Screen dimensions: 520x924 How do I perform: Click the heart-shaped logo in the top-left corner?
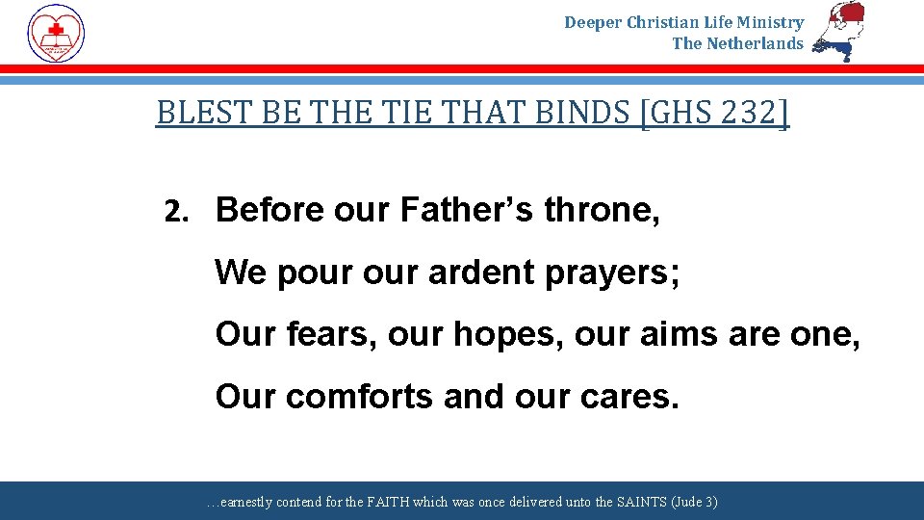(56, 33)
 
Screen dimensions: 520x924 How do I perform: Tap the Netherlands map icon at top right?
(839, 31)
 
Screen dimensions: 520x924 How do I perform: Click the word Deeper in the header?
(593, 22)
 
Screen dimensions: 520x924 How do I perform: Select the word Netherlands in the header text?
(755, 43)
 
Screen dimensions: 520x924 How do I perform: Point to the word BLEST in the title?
(192, 114)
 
